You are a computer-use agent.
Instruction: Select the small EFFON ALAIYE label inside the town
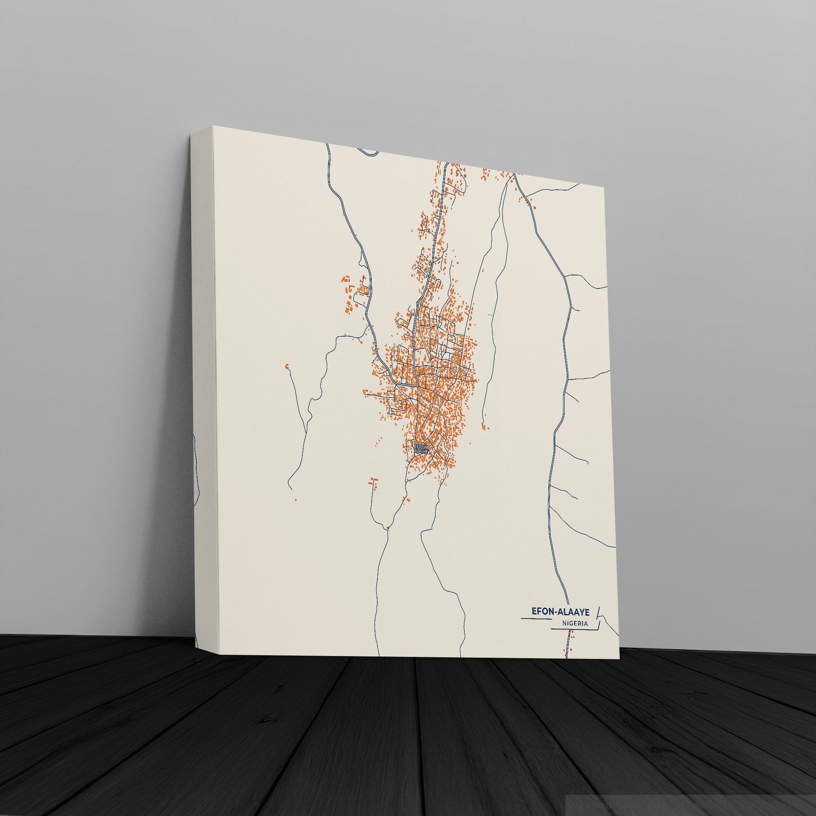(421, 449)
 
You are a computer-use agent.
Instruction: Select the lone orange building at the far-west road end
(288, 366)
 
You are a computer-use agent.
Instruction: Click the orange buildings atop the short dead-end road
(372, 480)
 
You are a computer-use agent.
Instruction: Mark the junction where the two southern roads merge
(407, 481)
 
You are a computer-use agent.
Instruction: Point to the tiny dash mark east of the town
(489, 315)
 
